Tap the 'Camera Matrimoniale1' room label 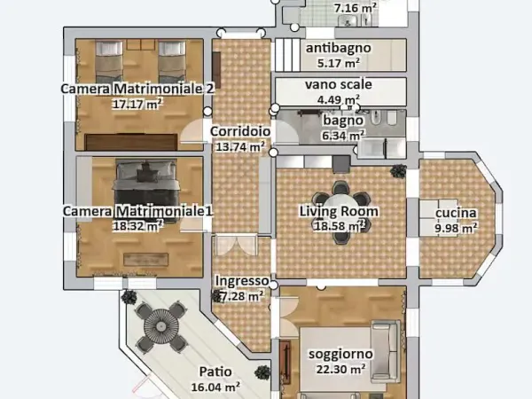pyautogui.click(x=137, y=211)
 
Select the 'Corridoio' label pyautogui.click(x=240, y=131)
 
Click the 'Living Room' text pyautogui.click(x=338, y=211)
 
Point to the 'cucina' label pyautogui.click(x=456, y=213)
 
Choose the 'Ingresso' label pyautogui.click(x=241, y=281)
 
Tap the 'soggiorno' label pyautogui.click(x=340, y=353)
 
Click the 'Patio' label pyautogui.click(x=216, y=372)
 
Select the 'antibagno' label pyautogui.click(x=338, y=48)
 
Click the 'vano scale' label pyautogui.click(x=338, y=84)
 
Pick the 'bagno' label pyautogui.click(x=341, y=121)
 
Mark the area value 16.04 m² pyautogui.click(x=216, y=387)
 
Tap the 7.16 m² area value pyautogui.click(x=355, y=9)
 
